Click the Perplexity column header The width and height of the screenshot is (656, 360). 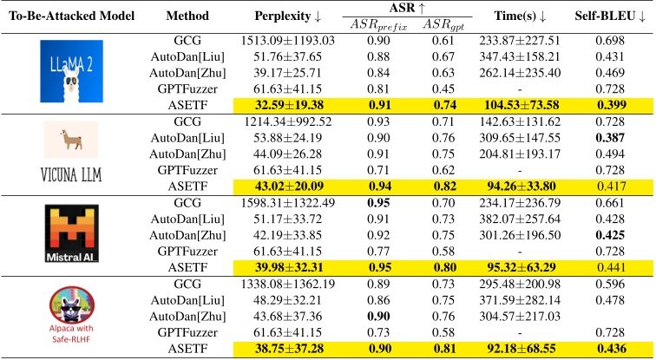[288, 16]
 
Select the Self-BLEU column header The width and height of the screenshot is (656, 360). [610, 16]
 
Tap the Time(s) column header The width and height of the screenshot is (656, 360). [520, 16]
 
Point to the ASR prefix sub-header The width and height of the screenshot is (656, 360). [378, 25]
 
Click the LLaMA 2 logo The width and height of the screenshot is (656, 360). [71, 71]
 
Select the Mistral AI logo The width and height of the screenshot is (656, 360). [71, 233]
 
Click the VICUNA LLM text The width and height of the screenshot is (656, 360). [71, 174]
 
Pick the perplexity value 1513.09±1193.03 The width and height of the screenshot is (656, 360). [288, 41]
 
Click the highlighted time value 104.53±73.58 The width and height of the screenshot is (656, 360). [522, 105]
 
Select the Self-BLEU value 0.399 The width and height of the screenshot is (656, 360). [611, 105]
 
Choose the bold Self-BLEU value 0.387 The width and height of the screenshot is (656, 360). [610, 138]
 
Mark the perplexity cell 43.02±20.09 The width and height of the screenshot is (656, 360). [289, 186]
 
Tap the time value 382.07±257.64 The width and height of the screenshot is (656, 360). [520, 219]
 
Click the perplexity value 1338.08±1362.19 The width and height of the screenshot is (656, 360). [288, 284]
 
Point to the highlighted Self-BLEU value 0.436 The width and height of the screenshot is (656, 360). [611, 349]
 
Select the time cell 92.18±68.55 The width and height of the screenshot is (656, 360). [522, 349]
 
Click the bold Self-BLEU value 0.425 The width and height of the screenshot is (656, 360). [610, 235]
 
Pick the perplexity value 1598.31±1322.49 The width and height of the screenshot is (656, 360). [288, 203]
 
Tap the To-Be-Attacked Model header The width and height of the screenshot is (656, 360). [71, 16]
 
